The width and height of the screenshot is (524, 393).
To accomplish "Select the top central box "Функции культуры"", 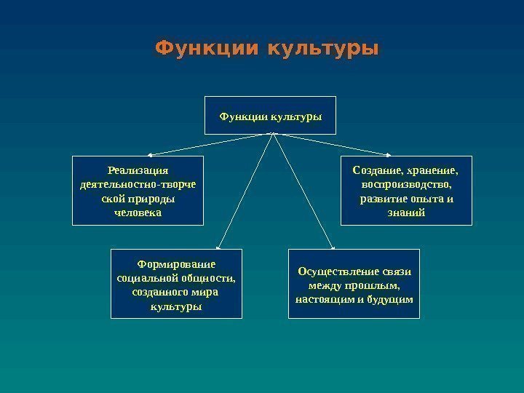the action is [271, 115].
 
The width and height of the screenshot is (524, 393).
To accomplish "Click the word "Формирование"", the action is [176, 263].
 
